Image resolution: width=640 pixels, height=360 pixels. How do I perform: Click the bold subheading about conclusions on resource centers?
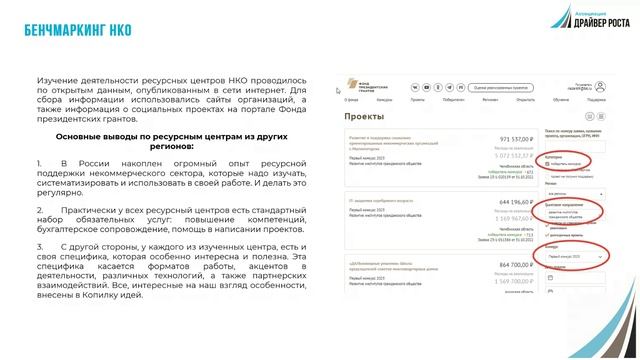coord(166,138)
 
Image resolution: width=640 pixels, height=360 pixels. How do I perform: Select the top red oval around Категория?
coord(566,160)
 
